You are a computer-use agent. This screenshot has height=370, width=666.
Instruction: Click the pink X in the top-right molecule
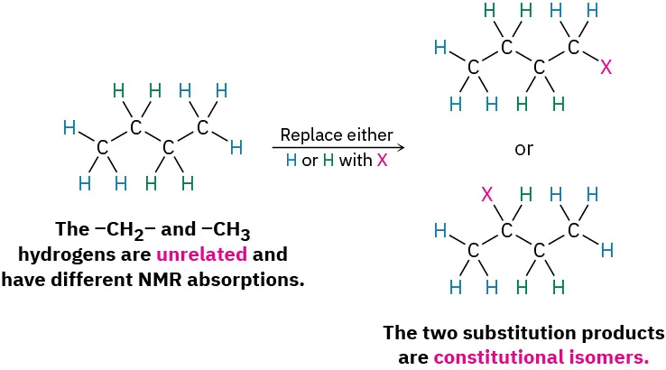(x=606, y=68)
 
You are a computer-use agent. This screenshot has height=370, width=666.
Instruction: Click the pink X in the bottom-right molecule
(x=486, y=194)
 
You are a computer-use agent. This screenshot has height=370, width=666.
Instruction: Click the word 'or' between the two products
(x=523, y=149)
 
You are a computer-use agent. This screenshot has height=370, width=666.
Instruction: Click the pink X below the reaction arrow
(x=383, y=161)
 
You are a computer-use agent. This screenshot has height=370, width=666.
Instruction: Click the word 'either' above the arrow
(x=369, y=135)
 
